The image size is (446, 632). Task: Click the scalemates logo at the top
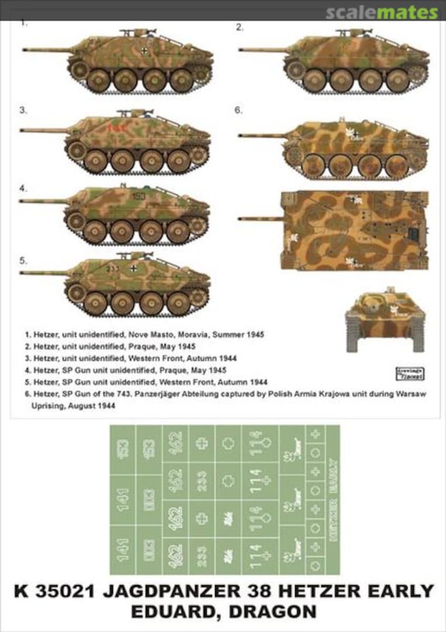click(381, 12)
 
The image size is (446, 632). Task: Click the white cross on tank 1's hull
click(144, 50)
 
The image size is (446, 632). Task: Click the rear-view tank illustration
click(385, 320)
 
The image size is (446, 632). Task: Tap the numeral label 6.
click(238, 110)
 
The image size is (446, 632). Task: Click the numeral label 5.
click(23, 260)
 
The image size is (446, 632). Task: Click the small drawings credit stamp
click(410, 373)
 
